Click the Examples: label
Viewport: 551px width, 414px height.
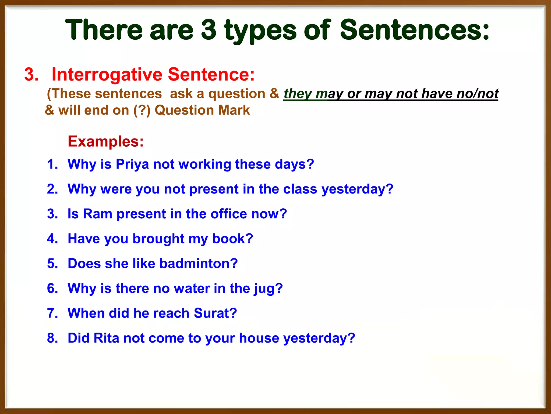pos(105,141)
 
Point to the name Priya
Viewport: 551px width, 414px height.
pos(132,164)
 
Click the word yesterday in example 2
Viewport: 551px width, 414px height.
pos(357,189)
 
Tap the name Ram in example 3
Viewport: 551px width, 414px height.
pos(97,214)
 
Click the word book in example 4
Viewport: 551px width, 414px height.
pos(232,239)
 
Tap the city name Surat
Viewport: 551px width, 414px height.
pos(215,313)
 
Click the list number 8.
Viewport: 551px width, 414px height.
pos(52,338)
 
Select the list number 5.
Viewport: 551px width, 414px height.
pos(52,264)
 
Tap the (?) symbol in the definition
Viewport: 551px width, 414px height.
pos(142,110)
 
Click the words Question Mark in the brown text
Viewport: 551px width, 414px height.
pos(202,110)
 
